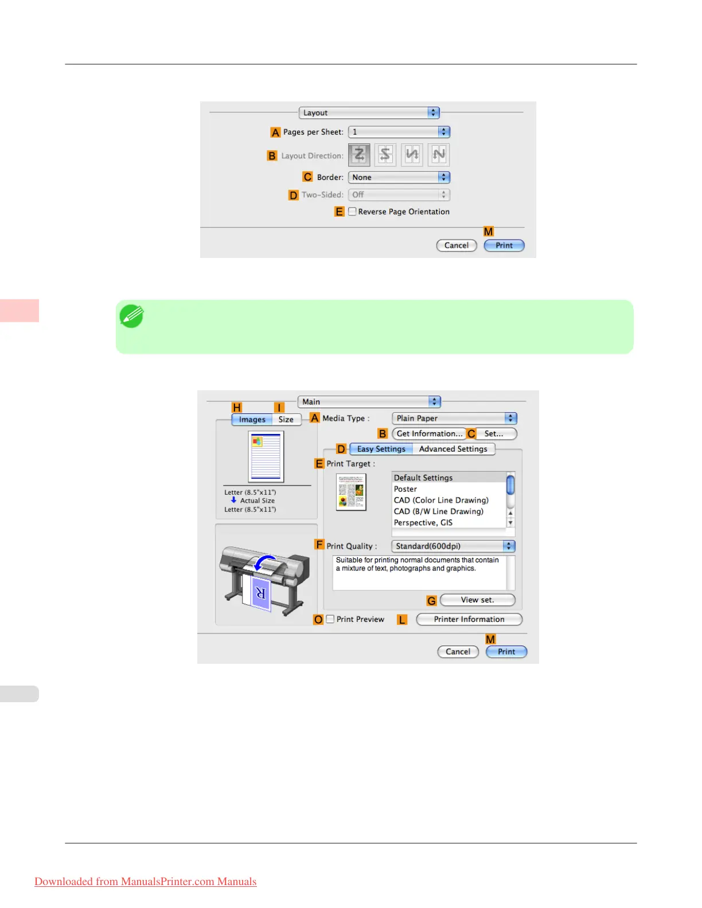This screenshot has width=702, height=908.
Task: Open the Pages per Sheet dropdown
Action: pos(399,132)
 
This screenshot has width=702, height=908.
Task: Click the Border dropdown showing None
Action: pos(399,177)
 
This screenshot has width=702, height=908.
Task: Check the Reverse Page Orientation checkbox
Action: pos(352,212)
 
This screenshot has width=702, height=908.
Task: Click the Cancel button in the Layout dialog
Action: pos(457,245)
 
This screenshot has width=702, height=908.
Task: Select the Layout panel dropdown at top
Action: pos(369,113)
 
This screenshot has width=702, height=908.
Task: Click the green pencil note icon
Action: pos(131,316)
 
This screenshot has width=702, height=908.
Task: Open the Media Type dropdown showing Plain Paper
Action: pos(454,418)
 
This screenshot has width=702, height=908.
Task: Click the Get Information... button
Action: pos(429,434)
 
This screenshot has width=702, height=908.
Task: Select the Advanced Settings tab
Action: pos(453,449)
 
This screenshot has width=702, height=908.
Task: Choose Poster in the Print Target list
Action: pos(405,489)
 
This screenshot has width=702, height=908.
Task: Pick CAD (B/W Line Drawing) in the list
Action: pos(439,511)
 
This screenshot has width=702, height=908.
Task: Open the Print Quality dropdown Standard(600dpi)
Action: pos(453,546)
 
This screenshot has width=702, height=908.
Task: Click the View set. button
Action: pos(477,600)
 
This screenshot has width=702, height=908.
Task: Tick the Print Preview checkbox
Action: pos(330,619)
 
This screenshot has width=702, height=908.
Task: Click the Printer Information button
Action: pos(469,619)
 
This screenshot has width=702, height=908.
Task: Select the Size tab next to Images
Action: pos(286,420)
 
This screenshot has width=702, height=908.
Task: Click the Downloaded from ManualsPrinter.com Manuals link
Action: pos(146,882)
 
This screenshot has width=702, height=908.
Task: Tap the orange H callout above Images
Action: pos(237,408)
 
